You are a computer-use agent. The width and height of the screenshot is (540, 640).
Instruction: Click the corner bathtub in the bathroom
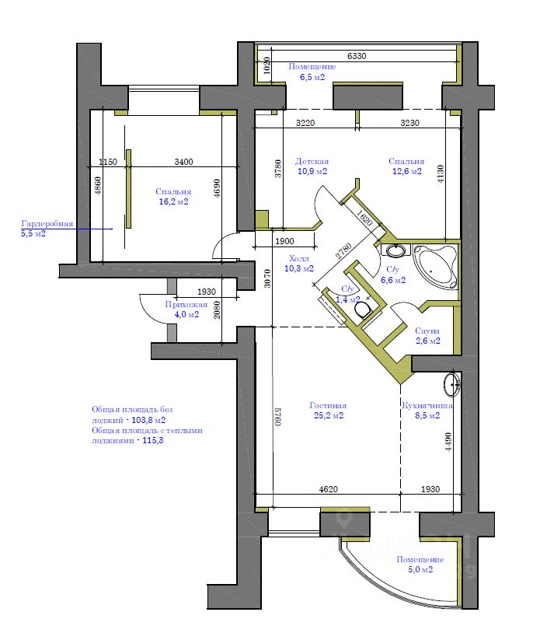click(435, 267)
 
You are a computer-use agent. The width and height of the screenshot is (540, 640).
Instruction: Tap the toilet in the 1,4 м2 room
click(362, 310)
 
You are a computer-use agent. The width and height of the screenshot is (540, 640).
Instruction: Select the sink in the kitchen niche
click(452, 383)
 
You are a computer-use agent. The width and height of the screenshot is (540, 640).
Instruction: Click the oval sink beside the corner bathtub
click(395, 250)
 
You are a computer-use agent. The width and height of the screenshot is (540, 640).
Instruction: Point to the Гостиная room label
click(328, 405)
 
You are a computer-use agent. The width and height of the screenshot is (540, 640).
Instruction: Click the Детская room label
click(312, 161)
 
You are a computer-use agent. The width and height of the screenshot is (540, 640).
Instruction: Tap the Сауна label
click(427, 330)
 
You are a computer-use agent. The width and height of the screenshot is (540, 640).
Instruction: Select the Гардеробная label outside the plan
click(47, 224)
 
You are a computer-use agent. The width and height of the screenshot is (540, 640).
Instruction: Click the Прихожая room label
click(186, 304)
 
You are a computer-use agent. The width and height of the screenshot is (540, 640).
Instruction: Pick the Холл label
click(299, 258)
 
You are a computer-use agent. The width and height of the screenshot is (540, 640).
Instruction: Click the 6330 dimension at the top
click(357, 56)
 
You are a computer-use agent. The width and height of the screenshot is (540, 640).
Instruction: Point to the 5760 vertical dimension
click(277, 416)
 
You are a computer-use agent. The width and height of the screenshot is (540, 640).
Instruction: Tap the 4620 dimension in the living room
click(328, 489)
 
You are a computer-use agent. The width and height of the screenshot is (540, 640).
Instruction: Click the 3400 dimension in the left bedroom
click(183, 162)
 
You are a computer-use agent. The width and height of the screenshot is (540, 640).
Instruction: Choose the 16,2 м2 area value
click(174, 201)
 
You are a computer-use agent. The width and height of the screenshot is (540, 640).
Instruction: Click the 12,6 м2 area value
click(407, 171)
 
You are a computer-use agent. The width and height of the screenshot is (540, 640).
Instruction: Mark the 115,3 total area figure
click(152, 440)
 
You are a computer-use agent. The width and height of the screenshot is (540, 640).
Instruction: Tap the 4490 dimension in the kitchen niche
click(448, 442)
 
